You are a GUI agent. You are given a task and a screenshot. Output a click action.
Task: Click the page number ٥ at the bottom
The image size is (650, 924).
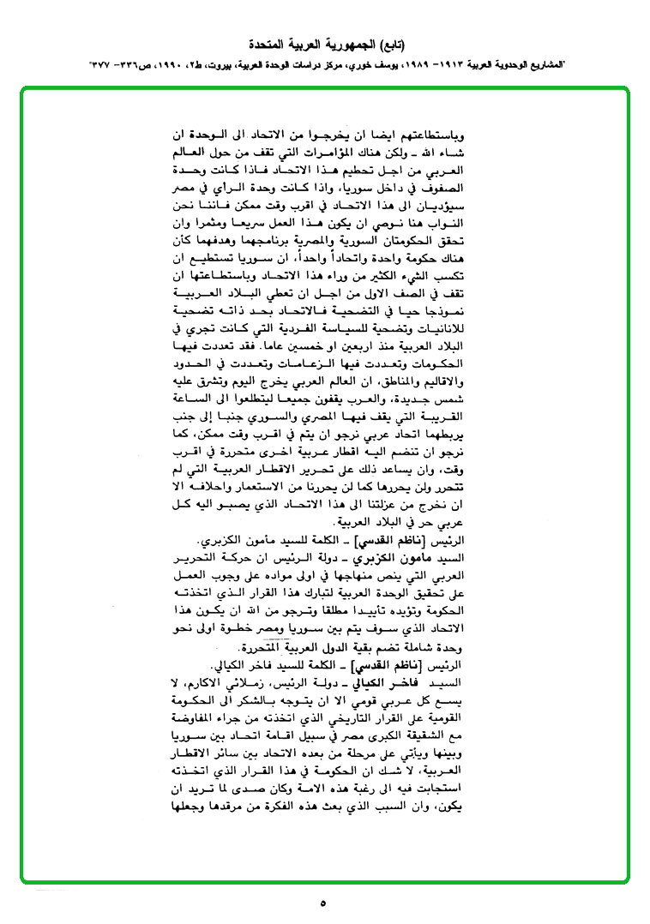pyautogui.click(x=322, y=903)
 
